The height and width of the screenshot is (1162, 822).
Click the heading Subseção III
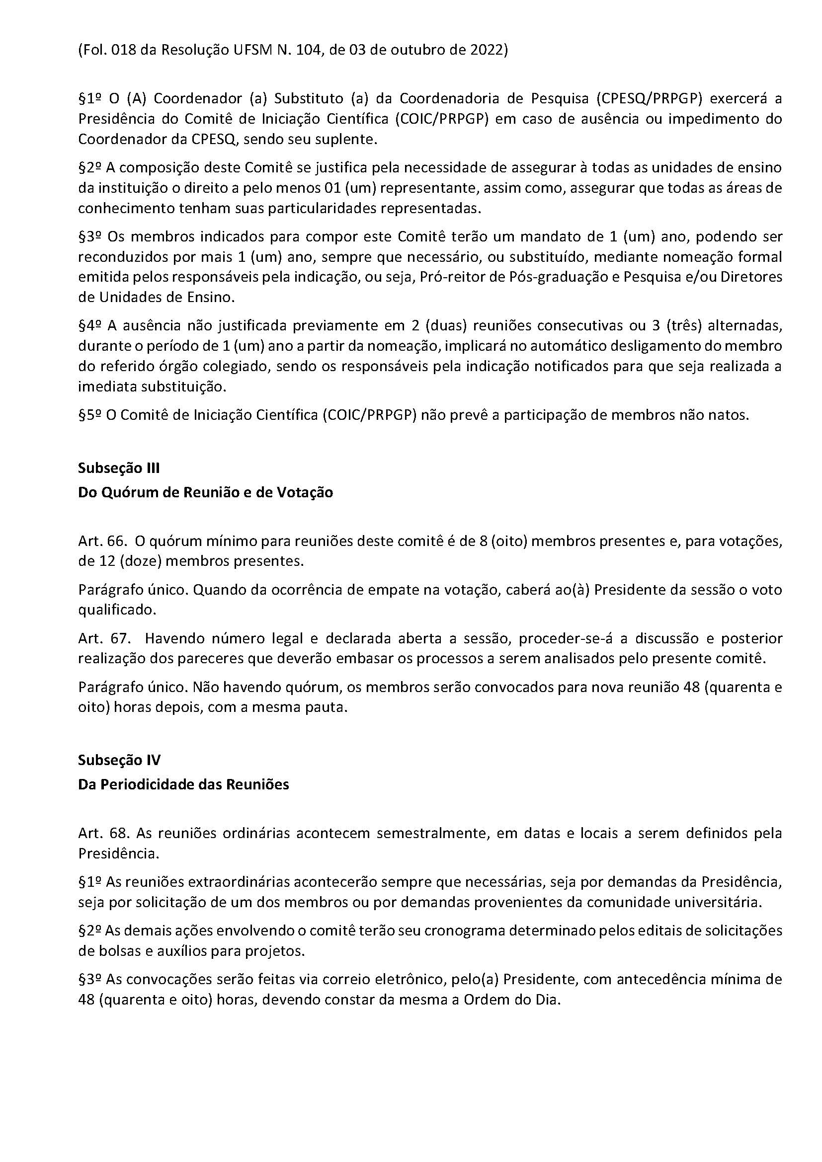click(x=118, y=468)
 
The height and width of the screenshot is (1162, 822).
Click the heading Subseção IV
click(x=119, y=760)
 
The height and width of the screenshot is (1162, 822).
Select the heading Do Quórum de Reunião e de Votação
click(x=206, y=492)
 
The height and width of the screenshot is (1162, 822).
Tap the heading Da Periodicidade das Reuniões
click(x=183, y=784)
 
